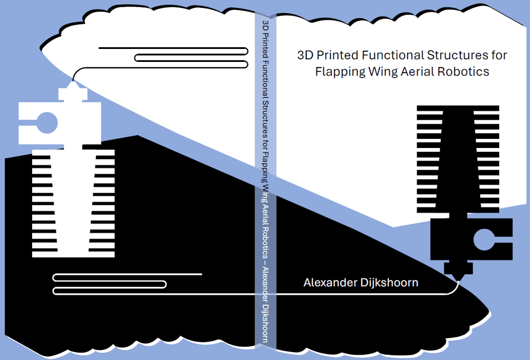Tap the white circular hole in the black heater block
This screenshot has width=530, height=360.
coord(483,239)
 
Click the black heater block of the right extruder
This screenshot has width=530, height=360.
coord(450,239)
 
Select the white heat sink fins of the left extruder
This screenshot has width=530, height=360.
coord(73,202)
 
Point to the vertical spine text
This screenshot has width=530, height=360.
coord(265,180)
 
